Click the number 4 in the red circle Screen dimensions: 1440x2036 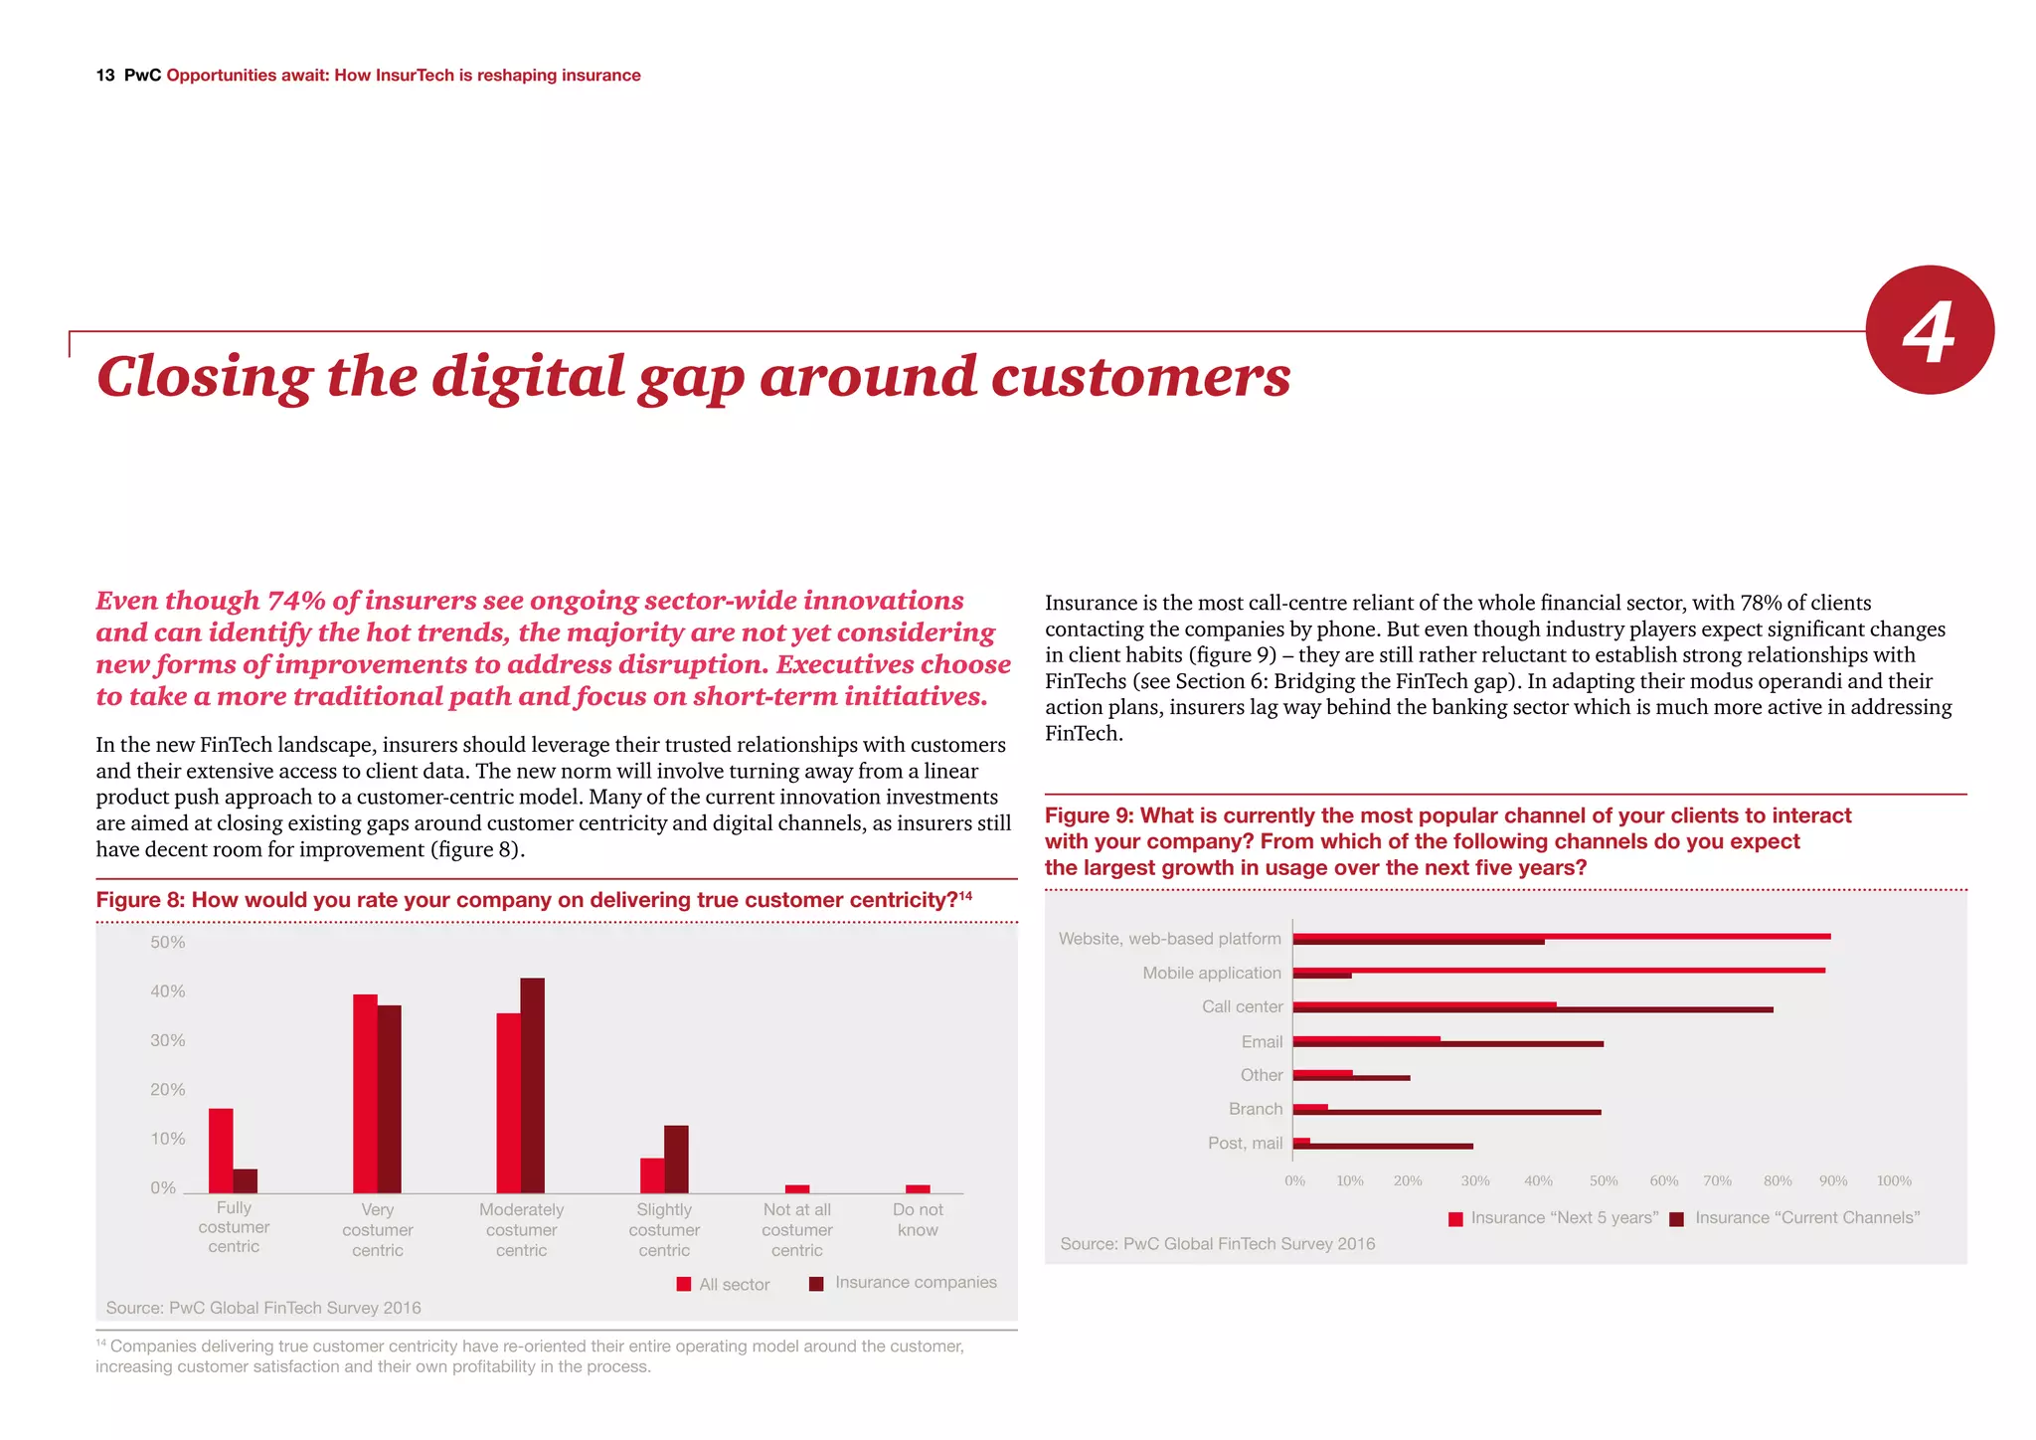tap(1929, 332)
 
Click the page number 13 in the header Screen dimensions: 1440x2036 tap(105, 76)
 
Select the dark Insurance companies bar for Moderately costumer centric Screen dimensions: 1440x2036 tap(533, 1085)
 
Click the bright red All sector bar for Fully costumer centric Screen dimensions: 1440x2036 tap(221, 1150)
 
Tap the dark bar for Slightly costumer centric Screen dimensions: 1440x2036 tap(676, 1159)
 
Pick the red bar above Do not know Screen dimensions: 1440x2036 tap(918, 1188)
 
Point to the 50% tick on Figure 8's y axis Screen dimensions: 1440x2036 tap(167, 942)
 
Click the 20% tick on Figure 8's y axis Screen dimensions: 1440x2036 tap(167, 1089)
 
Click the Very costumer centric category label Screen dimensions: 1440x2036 tap(377, 1229)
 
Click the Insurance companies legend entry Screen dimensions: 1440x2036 tap(904, 1283)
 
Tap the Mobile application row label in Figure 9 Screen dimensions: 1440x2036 tap(1211, 973)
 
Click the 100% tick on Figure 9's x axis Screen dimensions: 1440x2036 tap(1893, 1180)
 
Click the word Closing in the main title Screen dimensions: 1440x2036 tap(204, 378)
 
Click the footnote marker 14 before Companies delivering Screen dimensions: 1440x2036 tap(100, 1343)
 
